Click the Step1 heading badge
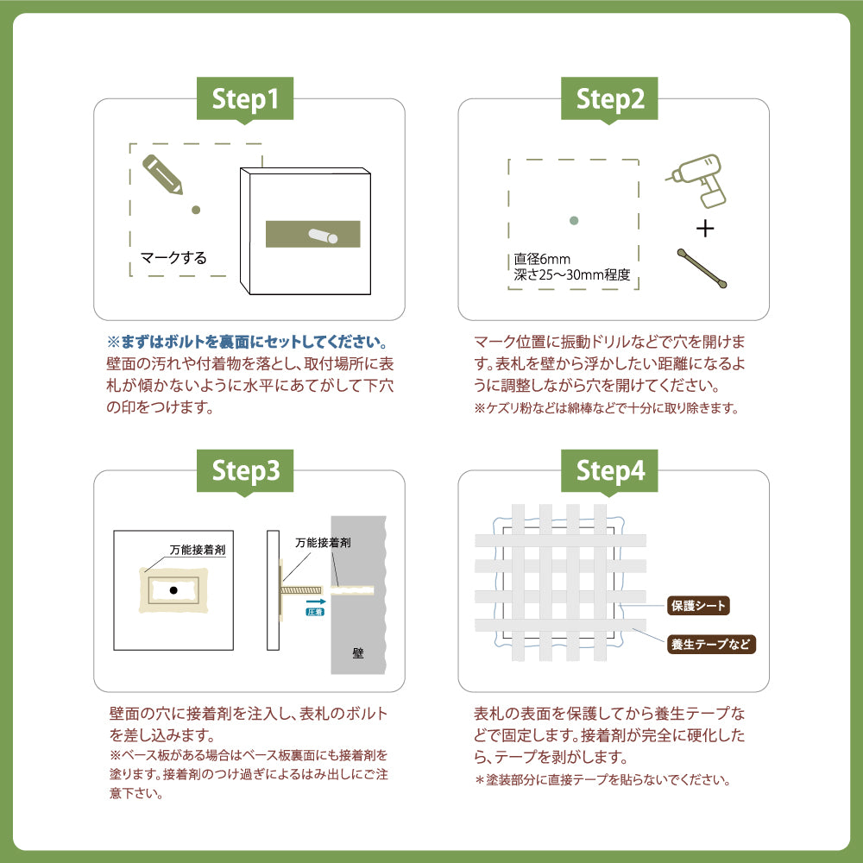pos(247,99)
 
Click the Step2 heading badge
pos(611,99)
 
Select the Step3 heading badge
pos(247,471)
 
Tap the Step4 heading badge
pos(611,471)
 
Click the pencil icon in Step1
pos(162,173)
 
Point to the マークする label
pos(173,257)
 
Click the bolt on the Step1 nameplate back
pos(321,235)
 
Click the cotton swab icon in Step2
pos(702,268)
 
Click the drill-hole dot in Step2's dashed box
pos(574,221)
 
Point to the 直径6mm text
pos(542,258)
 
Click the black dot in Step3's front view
pos(173,590)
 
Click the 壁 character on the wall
pos(357,653)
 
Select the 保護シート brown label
pos(699,606)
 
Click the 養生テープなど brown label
pos(711,644)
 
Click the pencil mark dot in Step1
pos(196,209)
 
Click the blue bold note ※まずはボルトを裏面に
pos(246,341)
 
